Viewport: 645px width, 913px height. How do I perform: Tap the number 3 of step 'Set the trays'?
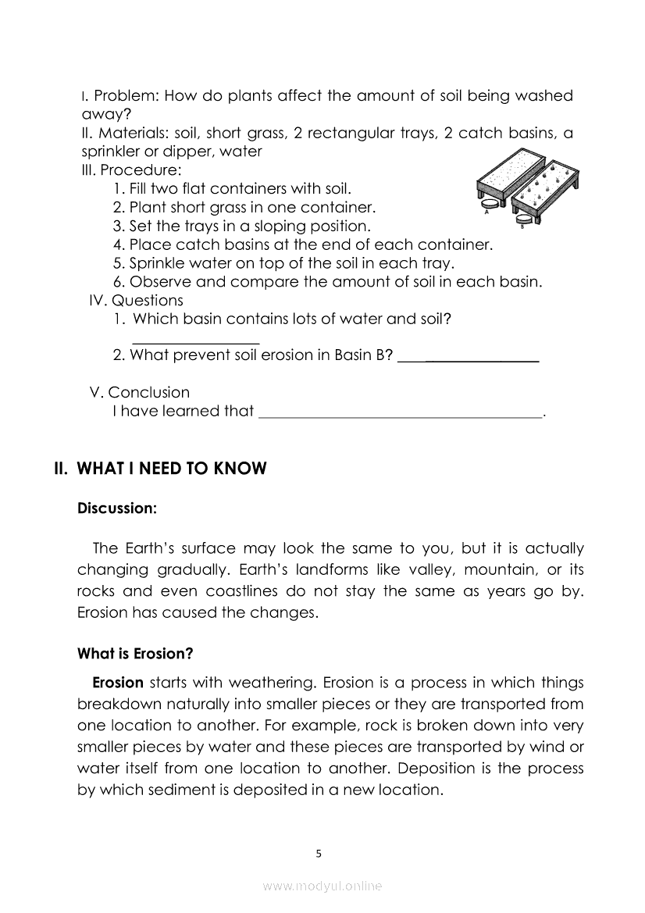point(117,226)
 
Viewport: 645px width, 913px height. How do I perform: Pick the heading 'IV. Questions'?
point(137,301)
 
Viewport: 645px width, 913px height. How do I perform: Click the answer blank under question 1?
point(196,341)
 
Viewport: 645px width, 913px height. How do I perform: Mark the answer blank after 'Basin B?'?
point(469,360)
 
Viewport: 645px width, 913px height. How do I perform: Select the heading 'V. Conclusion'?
point(140,392)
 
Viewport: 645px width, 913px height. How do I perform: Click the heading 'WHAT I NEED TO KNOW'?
point(172,469)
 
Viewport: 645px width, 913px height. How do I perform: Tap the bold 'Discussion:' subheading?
point(117,508)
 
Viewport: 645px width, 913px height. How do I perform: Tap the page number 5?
point(319,854)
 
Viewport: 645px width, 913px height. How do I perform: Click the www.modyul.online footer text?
point(322,886)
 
